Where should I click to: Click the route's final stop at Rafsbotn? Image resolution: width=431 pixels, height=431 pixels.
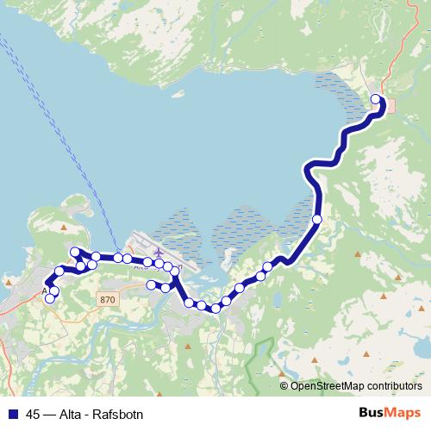pyautogui.click(x=376, y=99)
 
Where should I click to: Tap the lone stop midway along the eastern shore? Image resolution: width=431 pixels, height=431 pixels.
pyautogui.click(x=317, y=220)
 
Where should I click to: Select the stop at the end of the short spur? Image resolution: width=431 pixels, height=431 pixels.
pyautogui.click(x=151, y=284)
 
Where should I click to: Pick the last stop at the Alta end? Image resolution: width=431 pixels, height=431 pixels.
pyautogui.click(x=50, y=298)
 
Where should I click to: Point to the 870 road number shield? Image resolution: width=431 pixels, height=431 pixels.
pyautogui.click(x=106, y=299)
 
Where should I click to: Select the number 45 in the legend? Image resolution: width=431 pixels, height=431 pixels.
pyautogui.click(x=34, y=413)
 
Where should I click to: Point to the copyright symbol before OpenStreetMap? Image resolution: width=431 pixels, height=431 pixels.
pyautogui.click(x=284, y=385)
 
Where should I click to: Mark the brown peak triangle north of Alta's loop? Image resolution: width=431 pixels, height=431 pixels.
pyautogui.click(x=65, y=228)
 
